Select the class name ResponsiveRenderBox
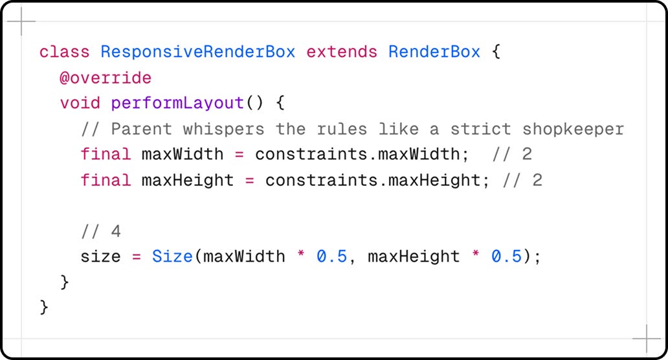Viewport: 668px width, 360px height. pyautogui.click(x=198, y=52)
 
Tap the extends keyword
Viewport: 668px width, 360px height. pyautogui.click(x=342, y=52)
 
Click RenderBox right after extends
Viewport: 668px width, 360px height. pyautogui.click(x=434, y=52)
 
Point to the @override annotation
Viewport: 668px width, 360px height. pyautogui.click(x=106, y=78)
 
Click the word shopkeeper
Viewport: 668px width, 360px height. pyautogui.click(x=573, y=129)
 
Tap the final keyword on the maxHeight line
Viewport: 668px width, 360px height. pyautogui.click(x=106, y=180)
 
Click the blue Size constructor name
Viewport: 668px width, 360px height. pyautogui.click(x=172, y=257)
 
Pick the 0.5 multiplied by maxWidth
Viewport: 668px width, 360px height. pyautogui.click(x=331, y=257)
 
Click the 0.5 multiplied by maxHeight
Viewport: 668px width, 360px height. pyautogui.click(x=506, y=257)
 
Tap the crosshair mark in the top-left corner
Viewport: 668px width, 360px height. pyautogui.click(x=21, y=21)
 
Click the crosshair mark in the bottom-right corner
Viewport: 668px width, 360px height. pyautogui.click(x=646, y=338)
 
